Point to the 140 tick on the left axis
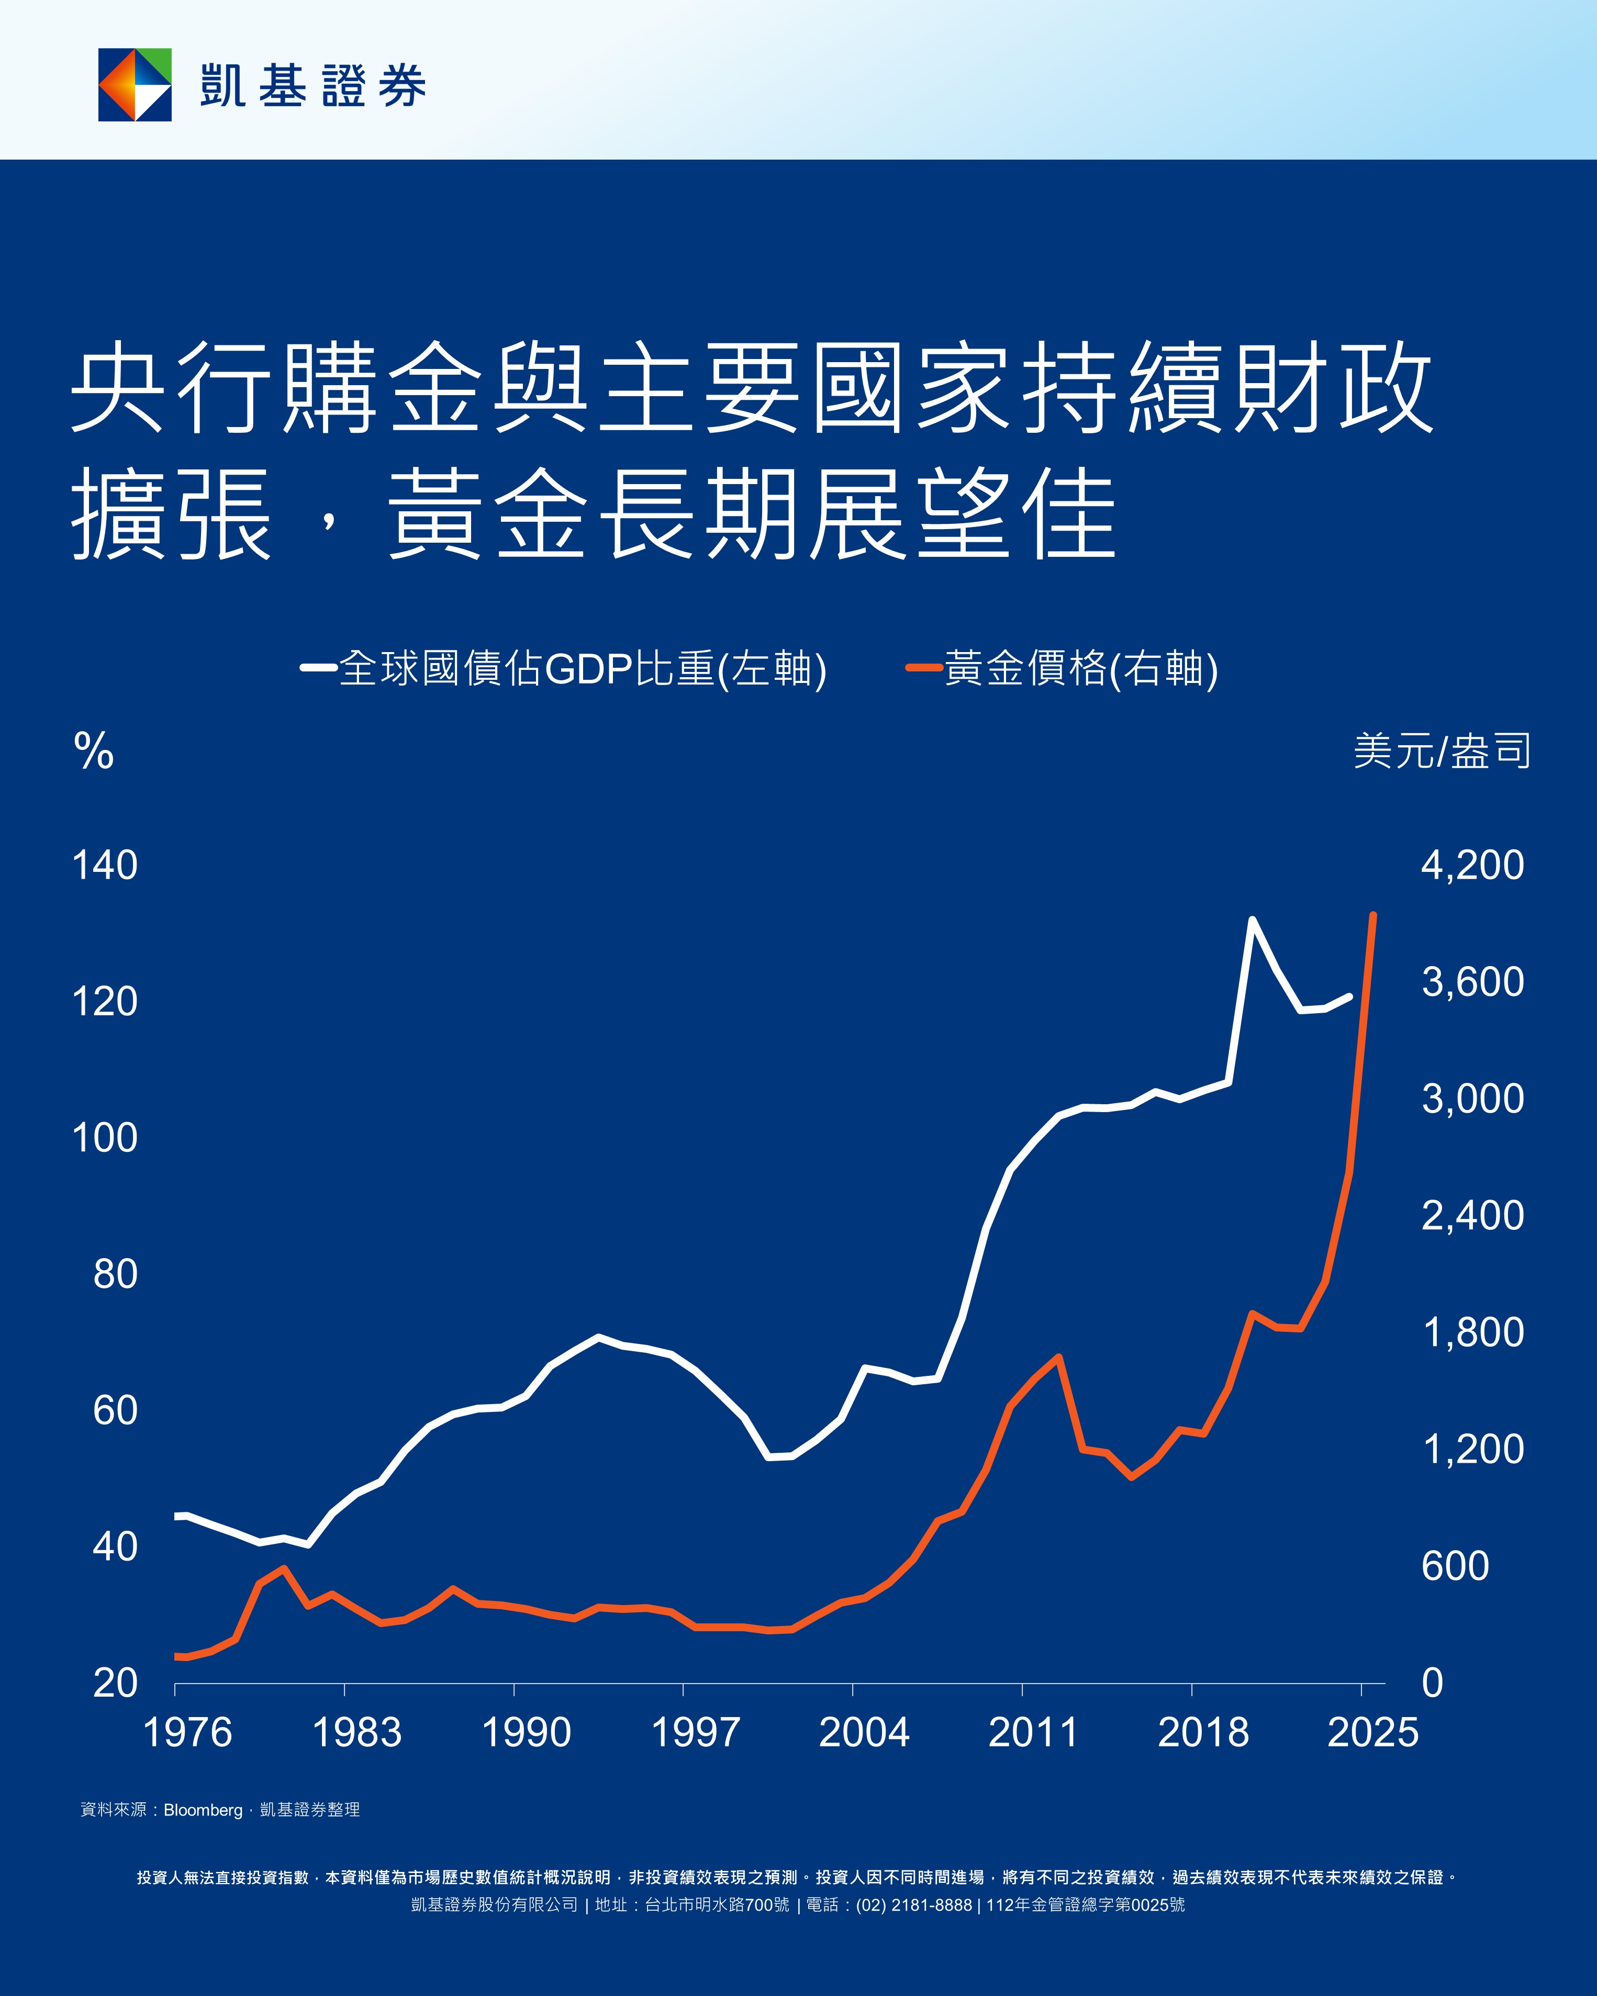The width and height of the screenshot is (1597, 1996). [105, 866]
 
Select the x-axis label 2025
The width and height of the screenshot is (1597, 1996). [1372, 1732]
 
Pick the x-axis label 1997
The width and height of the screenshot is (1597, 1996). [695, 1732]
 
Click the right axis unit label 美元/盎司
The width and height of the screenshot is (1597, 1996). [1442, 751]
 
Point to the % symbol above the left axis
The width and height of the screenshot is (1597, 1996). [94, 751]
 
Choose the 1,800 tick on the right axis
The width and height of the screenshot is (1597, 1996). [1472, 1332]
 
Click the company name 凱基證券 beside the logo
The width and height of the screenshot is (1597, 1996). [313, 86]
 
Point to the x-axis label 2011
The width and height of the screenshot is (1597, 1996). [1033, 1732]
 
